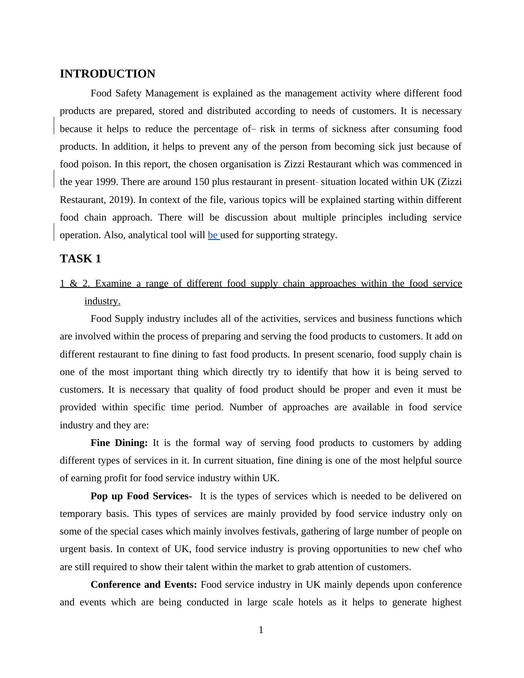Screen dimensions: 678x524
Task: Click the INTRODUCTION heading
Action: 107,74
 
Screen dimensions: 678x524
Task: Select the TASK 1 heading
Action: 80,259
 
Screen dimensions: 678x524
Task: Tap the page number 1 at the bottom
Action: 261,630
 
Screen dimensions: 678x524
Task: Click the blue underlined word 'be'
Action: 213,235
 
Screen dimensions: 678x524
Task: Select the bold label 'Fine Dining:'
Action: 119,443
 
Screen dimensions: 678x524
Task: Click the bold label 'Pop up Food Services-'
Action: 141,496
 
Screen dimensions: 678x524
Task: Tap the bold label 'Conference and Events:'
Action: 144,585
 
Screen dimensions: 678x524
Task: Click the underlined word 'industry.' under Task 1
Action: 102,301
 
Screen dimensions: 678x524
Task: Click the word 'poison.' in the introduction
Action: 98,164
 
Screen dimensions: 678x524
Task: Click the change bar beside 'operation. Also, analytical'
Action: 54,232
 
